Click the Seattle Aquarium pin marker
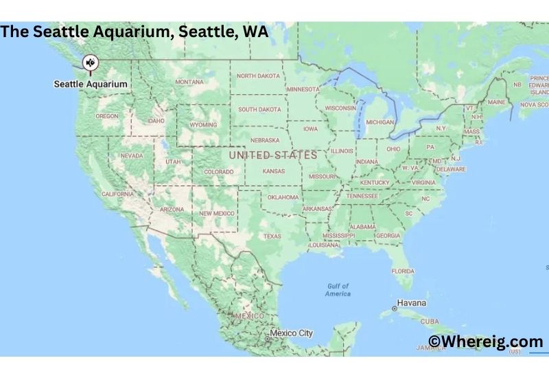point(90,63)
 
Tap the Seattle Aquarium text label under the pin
point(91,84)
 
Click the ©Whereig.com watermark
point(485,342)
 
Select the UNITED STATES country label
point(272,155)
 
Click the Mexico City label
point(291,333)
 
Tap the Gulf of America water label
point(338,289)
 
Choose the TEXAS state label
point(272,236)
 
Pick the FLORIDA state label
point(403,271)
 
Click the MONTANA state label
point(189,82)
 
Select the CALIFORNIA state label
point(117,194)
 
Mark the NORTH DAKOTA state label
point(259,76)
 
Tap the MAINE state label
point(496,102)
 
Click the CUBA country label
point(430,321)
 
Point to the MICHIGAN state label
point(380,122)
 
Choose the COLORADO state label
point(218,172)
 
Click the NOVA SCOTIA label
point(534,105)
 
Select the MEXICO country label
point(248,315)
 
